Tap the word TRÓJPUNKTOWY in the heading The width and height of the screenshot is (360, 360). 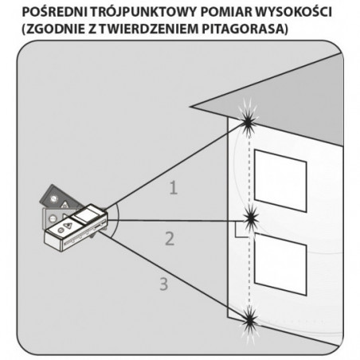[x=143, y=12]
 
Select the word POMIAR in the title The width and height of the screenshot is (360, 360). [x=224, y=12]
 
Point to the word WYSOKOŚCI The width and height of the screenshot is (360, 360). [x=292, y=12]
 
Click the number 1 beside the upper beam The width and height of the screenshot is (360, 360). [x=174, y=187]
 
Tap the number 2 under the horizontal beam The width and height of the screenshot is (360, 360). [x=170, y=239]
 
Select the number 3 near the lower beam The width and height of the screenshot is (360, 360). [x=164, y=284]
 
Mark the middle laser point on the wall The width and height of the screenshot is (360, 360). [x=251, y=219]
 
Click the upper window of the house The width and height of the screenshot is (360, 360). [x=280, y=181]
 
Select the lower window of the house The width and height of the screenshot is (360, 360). [x=280, y=264]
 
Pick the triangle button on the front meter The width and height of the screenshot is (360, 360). [x=68, y=225]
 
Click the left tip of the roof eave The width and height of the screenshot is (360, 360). [x=190, y=107]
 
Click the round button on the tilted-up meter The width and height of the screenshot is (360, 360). [x=54, y=198]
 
